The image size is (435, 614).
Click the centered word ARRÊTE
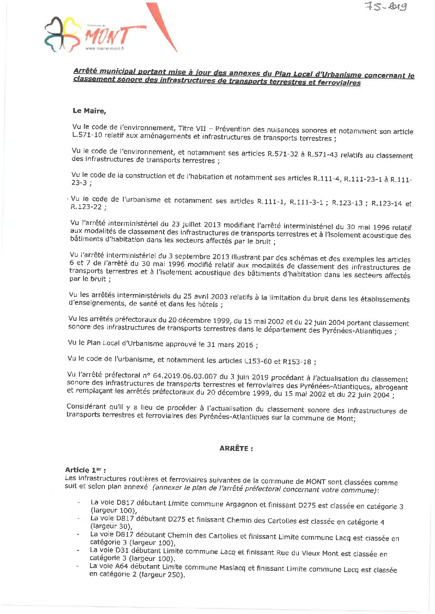coord(236,448)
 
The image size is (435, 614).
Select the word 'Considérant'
coord(86,407)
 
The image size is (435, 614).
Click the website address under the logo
coord(104,48)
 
